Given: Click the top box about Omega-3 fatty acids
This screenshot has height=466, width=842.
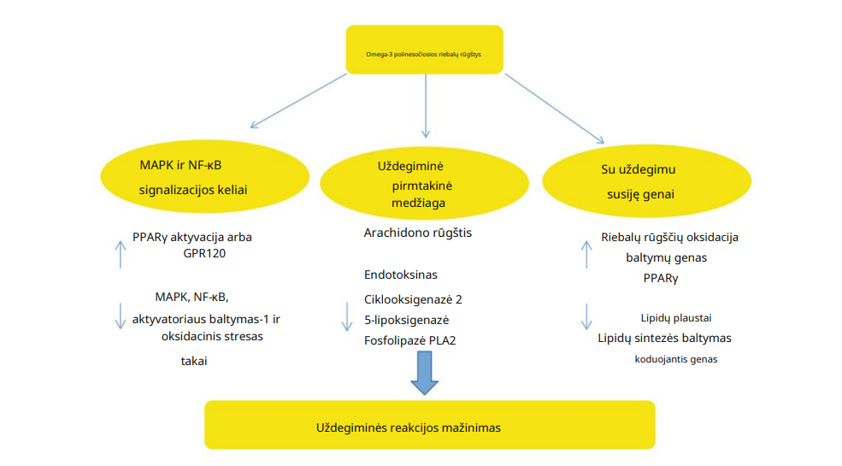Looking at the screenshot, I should (x=423, y=50).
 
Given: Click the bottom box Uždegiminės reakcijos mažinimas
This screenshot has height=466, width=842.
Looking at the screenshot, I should (x=429, y=425).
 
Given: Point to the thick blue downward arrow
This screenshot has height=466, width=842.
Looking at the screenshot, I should (x=424, y=373).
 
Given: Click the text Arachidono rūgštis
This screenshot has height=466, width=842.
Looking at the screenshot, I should (x=418, y=233).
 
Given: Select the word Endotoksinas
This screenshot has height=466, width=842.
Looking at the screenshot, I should (x=401, y=274).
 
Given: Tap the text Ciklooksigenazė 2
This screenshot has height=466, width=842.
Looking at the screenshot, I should (x=413, y=299).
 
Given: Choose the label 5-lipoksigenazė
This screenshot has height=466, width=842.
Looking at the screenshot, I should (x=407, y=320).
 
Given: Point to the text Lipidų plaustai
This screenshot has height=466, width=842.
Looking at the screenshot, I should (x=676, y=317).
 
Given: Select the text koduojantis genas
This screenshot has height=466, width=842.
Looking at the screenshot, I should (x=675, y=359).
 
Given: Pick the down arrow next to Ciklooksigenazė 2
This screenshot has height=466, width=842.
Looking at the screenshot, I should (x=347, y=316).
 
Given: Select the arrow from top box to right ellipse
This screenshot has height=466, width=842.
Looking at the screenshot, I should (x=555, y=108).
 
